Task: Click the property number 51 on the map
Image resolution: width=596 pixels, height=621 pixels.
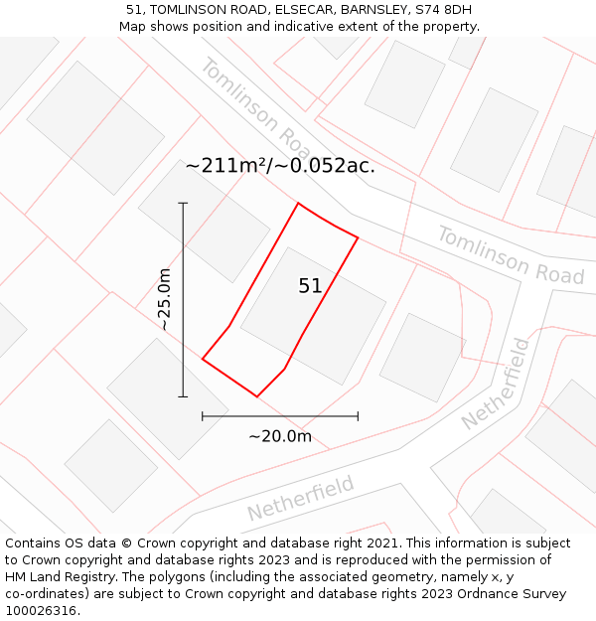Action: (310, 286)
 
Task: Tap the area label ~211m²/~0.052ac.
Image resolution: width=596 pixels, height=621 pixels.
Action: (280, 166)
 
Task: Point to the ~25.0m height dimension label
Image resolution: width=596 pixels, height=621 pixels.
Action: (165, 299)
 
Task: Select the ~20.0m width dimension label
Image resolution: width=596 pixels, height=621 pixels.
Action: (280, 436)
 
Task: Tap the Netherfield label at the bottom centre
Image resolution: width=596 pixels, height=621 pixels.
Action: (301, 498)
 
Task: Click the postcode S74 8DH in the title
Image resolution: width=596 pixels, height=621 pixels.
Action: (443, 10)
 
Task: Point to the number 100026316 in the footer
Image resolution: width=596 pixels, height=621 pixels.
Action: (41, 611)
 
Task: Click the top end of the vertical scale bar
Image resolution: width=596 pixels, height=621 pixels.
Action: (183, 203)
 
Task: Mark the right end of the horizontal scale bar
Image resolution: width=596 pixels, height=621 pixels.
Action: (358, 416)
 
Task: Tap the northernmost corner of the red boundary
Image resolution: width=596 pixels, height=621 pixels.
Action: (298, 204)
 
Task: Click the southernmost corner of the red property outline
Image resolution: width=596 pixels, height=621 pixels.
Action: (257, 396)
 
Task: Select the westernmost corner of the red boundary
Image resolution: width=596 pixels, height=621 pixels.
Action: (203, 359)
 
